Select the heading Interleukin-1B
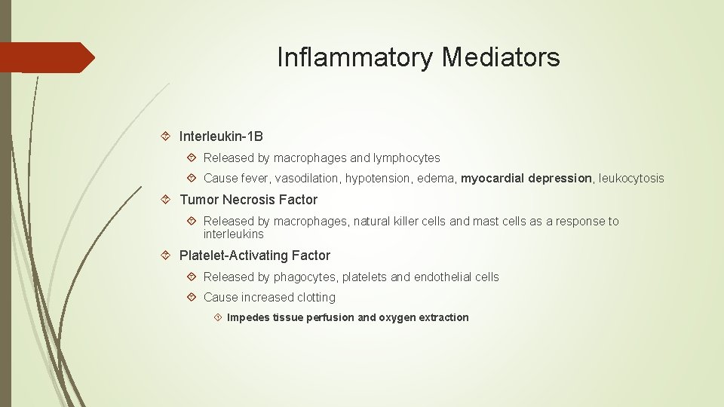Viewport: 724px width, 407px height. pyautogui.click(x=221, y=136)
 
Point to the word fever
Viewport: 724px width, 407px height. pyautogui.click(x=256, y=179)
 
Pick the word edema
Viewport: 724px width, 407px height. pyautogui.click(x=437, y=179)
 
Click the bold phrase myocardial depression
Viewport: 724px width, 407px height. pyautogui.click(x=526, y=179)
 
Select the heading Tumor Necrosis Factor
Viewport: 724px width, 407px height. pyautogui.click(x=248, y=200)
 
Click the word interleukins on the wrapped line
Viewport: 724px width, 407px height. pyautogui.click(x=234, y=234)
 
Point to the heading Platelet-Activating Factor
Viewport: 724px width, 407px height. pyautogui.click(x=255, y=256)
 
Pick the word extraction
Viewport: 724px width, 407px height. pyautogui.click(x=443, y=317)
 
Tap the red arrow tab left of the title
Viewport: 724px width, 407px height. pyautogui.click(x=45, y=57)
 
